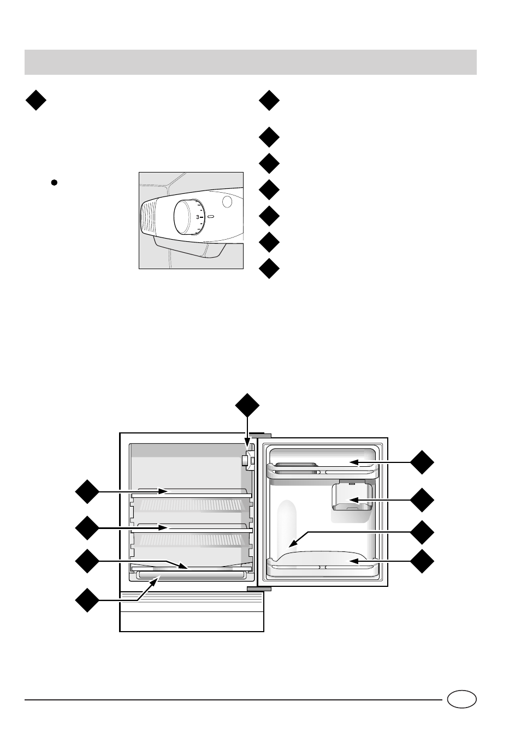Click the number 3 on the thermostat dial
(198, 217)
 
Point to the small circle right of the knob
(228, 201)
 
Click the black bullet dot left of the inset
(54, 183)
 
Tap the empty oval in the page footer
(461, 699)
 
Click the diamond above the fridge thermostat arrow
(247, 405)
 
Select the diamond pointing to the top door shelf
(423, 462)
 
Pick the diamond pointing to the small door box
(423, 500)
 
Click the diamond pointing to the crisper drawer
(87, 599)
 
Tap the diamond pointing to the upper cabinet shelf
(87, 491)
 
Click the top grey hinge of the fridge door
(260, 436)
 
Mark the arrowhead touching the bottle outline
(291, 544)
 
